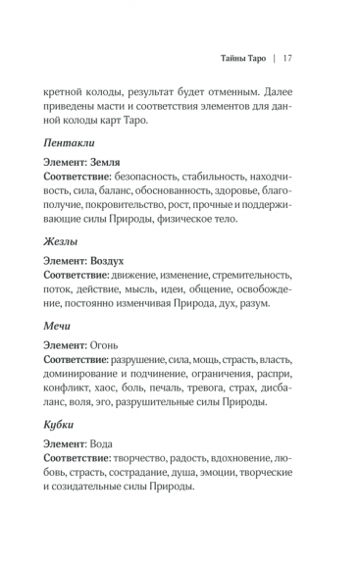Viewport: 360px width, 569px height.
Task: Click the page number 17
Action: point(287,56)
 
